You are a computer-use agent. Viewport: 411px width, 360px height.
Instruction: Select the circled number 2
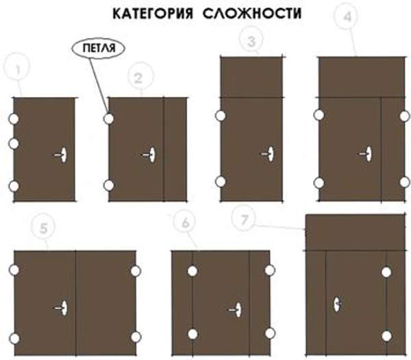pyautogui.click(x=138, y=78)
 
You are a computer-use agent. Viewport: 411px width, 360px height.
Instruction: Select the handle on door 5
pyautogui.click(x=63, y=308)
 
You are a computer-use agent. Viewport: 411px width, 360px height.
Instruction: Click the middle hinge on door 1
pyautogui.click(x=14, y=143)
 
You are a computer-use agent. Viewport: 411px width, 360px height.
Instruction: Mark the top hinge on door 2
pyautogui.click(x=108, y=119)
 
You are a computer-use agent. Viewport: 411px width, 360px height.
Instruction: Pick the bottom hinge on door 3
pyautogui.click(x=221, y=181)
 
